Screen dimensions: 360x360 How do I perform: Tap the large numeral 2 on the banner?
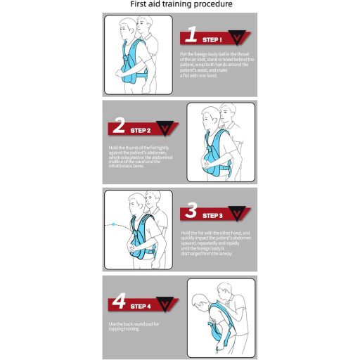119,127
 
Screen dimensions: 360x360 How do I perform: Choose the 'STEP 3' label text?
212,215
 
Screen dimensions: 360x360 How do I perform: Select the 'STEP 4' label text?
140,307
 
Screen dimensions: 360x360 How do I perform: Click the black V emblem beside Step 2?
167,128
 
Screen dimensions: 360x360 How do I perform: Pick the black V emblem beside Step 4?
167,304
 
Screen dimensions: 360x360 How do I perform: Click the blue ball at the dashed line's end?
114,224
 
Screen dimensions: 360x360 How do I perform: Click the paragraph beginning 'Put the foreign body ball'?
217,65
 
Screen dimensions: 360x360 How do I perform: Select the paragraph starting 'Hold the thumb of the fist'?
142,157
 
